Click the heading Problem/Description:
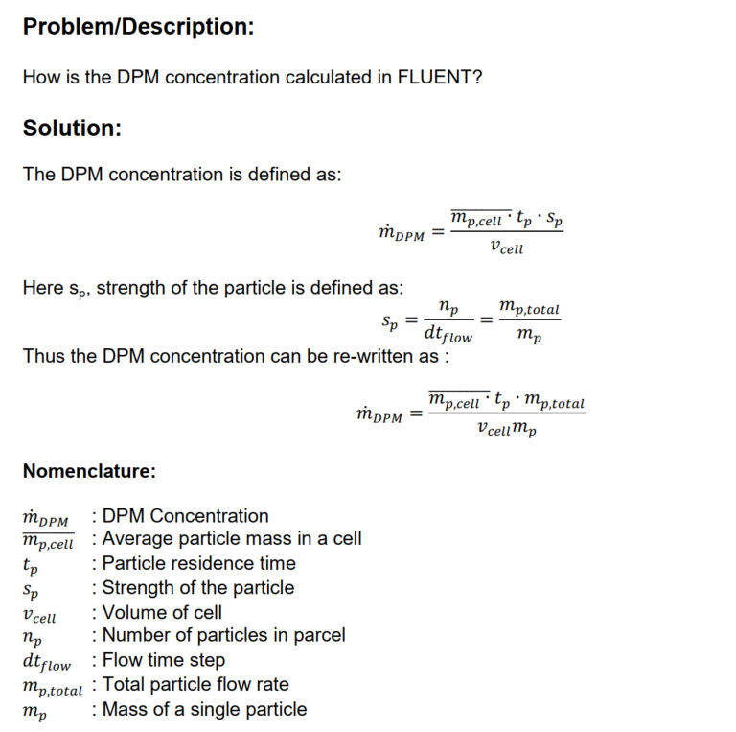tap(138, 27)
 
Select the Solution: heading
tap(72, 128)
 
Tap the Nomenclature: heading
tap(88, 471)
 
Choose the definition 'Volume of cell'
tap(162, 612)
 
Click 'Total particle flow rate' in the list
tap(195, 684)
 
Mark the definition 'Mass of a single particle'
tap(204, 709)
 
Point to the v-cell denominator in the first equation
tap(505, 248)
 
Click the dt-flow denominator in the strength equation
tap(448, 335)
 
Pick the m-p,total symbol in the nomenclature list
tap(52, 686)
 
